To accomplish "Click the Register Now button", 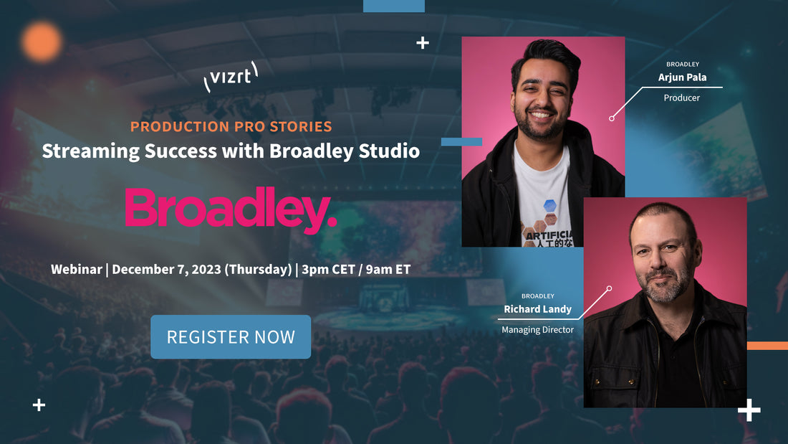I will click(231, 336).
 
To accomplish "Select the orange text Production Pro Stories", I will click(231, 127).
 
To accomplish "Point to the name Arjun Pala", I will click(682, 78).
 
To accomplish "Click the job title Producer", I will click(681, 98).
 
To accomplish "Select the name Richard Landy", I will click(537, 309).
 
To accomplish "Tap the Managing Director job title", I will click(537, 330).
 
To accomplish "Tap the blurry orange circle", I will click(42, 41).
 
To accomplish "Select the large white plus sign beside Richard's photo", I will click(749, 411).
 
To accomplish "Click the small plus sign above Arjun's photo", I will click(423, 42).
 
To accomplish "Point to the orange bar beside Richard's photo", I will click(767, 346).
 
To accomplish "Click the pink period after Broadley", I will click(332, 224).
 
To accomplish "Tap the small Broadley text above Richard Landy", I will click(537, 296).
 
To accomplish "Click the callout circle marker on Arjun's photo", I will click(612, 118).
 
